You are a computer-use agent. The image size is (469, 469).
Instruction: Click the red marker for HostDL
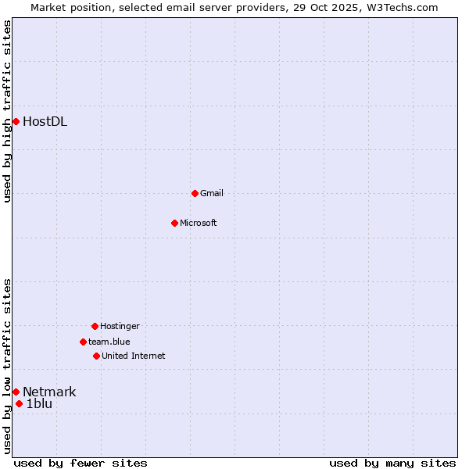[x=16, y=121]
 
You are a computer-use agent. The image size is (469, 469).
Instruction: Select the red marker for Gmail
[x=195, y=193]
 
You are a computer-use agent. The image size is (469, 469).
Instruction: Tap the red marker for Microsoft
[x=174, y=223]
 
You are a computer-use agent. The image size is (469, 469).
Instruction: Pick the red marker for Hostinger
[x=95, y=326]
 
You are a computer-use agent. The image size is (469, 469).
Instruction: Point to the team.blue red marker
[x=83, y=342]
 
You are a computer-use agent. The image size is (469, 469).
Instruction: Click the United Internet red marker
[x=96, y=356]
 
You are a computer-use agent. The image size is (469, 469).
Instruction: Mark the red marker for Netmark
[x=16, y=392]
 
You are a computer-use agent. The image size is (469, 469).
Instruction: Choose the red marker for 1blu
[x=19, y=403]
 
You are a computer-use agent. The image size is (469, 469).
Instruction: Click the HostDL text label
[x=45, y=121]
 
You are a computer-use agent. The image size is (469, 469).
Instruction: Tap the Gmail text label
[x=212, y=193]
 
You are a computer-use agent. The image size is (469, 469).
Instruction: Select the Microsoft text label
[x=199, y=223]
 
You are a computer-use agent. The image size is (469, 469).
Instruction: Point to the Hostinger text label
[x=120, y=326]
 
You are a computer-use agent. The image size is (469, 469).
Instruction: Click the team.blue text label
[x=109, y=342]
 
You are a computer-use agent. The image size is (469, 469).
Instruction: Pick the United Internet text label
[x=134, y=356]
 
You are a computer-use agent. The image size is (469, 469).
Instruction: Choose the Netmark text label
[x=49, y=392]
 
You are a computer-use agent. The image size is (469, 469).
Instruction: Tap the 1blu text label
[x=39, y=403]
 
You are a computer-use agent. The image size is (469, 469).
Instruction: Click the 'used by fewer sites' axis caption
[x=81, y=463]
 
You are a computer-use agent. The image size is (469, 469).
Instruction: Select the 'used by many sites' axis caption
[x=392, y=463]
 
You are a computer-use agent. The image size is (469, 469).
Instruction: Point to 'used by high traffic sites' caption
[x=7, y=111]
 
